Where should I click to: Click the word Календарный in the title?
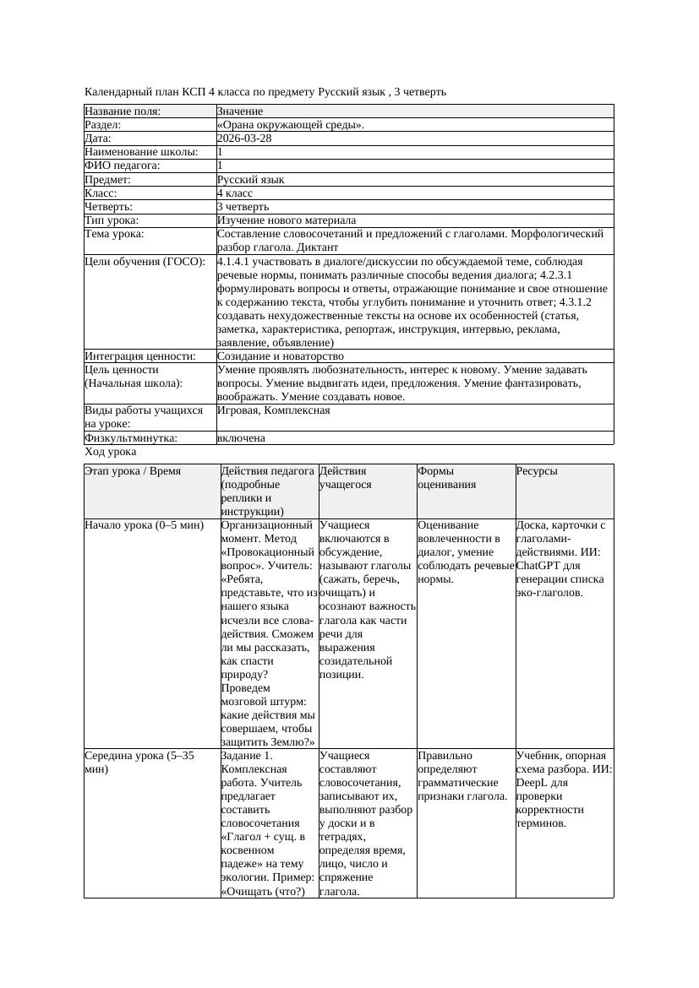(114, 91)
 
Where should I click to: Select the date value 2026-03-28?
(244, 138)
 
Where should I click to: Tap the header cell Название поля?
(123, 111)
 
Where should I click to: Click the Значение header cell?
(240, 111)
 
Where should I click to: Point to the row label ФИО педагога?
(123, 166)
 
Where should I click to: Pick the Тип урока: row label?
(112, 220)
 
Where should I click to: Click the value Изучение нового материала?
(287, 220)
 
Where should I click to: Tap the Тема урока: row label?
(114, 234)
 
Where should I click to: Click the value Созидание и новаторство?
(280, 356)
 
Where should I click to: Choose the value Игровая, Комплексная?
(273, 410)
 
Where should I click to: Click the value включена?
(241, 438)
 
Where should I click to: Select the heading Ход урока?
(110, 452)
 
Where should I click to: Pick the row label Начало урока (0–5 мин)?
(145, 525)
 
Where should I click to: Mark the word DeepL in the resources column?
(532, 783)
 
